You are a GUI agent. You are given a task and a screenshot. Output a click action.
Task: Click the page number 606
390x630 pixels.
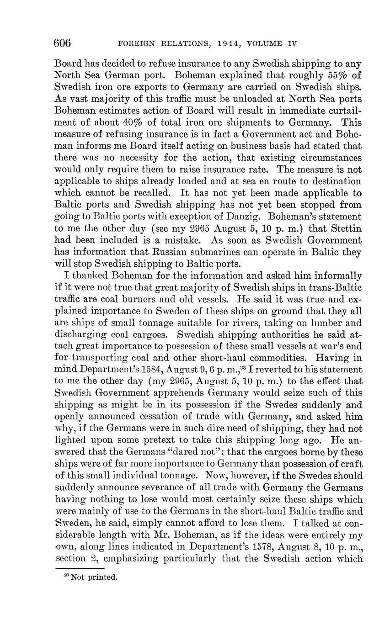click(x=63, y=43)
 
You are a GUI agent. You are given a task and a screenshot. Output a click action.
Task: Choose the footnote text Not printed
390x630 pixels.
click(x=94, y=577)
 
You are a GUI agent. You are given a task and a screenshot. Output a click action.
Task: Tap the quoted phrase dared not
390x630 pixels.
click(x=195, y=452)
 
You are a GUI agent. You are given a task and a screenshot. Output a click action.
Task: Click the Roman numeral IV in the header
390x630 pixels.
click(x=292, y=44)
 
